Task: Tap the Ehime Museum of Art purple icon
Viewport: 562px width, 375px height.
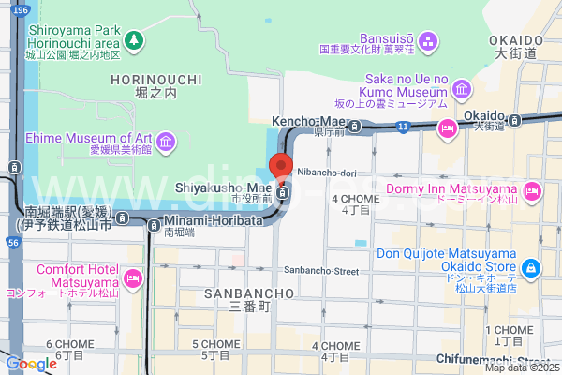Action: click(x=166, y=142)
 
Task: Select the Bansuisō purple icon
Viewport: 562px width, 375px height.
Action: click(x=428, y=40)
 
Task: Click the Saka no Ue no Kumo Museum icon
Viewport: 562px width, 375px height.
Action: click(x=461, y=89)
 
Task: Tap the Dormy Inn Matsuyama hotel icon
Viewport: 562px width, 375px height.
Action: click(x=532, y=192)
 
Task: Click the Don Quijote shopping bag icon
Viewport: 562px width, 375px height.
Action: click(x=531, y=269)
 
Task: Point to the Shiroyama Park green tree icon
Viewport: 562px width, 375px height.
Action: click(x=135, y=40)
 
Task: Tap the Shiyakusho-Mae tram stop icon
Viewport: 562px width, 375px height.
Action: click(x=283, y=194)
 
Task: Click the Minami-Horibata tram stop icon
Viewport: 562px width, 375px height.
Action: click(x=153, y=222)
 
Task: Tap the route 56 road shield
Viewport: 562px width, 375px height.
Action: click(x=12, y=242)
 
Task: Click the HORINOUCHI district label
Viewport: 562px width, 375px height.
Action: click(x=155, y=82)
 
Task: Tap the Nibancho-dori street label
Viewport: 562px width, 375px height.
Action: click(x=328, y=172)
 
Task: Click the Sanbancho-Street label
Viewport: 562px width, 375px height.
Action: click(x=321, y=271)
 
